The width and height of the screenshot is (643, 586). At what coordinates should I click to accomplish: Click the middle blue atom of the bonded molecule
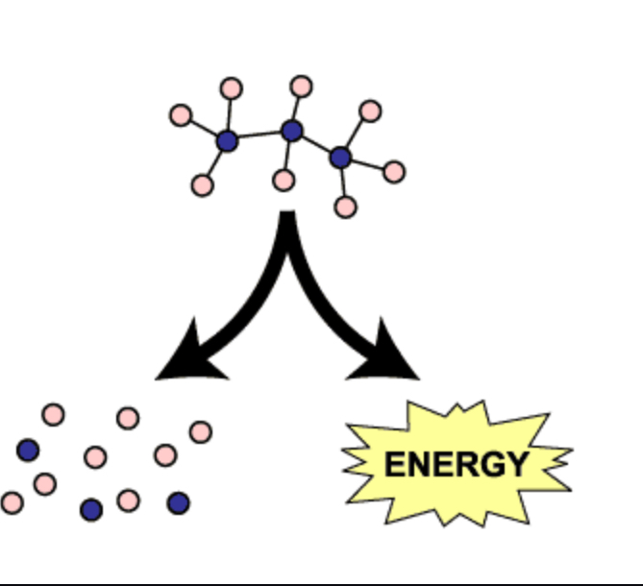click(x=292, y=131)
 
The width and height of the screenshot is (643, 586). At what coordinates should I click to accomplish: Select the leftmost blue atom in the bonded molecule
click(x=227, y=141)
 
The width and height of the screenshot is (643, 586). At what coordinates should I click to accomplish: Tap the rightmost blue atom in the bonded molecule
click(x=340, y=157)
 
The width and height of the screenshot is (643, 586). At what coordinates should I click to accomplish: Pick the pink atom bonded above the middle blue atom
click(x=301, y=86)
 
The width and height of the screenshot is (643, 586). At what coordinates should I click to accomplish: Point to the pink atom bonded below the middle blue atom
click(x=284, y=180)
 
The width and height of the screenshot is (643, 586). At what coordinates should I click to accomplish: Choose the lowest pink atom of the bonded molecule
click(x=346, y=207)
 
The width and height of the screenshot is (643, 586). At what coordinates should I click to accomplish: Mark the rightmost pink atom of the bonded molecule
click(x=393, y=172)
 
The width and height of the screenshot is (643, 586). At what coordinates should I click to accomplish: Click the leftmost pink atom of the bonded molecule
click(x=181, y=115)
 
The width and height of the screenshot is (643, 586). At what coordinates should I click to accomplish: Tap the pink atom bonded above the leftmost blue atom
click(x=231, y=88)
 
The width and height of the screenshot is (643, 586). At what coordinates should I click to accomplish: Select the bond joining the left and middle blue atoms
click(x=260, y=135)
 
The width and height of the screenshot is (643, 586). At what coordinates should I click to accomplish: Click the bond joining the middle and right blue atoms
click(x=316, y=144)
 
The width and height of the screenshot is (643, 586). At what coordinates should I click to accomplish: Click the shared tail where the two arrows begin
click(x=287, y=226)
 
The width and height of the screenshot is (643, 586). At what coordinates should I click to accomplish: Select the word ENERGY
click(x=456, y=465)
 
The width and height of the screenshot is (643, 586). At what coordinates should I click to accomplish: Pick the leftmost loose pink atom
click(x=12, y=502)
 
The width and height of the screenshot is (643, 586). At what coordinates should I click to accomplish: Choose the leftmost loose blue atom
click(x=28, y=450)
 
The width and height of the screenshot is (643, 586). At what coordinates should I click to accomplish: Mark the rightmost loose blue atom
click(x=178, y=502)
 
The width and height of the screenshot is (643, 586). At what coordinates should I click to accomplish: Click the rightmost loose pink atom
click(x=200, y=432)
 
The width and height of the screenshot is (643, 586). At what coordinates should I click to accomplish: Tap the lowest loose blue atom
click(x=91, y=510)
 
